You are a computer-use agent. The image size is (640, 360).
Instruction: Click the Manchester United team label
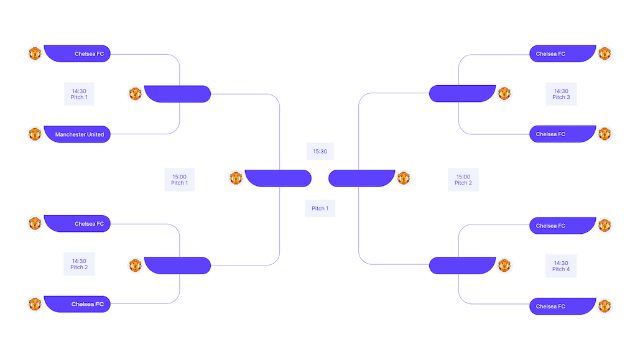click(77, 134)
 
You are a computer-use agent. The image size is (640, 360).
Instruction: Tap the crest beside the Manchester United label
click(35, 134)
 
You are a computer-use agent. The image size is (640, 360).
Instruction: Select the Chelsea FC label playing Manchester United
click(77, 53)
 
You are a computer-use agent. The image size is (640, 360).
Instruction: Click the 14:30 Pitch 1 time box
click(79, 94)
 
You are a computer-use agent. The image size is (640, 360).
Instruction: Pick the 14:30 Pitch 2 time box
click(79, 264)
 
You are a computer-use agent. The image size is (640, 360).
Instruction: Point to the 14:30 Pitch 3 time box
click(561, 94)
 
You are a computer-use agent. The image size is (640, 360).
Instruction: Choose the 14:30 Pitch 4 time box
click(561, 266)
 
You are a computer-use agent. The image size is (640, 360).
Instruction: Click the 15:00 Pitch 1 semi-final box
click(180, 180)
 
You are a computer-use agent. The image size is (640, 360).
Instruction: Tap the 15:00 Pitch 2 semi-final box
click(463, 180)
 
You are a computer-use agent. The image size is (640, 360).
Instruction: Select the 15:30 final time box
click(320, 152)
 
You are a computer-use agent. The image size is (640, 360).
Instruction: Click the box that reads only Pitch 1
click(320, 208)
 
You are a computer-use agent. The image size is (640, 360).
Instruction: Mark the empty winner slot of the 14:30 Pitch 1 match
click(177, 94)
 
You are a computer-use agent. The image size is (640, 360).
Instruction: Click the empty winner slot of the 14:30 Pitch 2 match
click(177, 265)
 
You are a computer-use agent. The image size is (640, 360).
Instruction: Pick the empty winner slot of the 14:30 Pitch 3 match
click(463, 93)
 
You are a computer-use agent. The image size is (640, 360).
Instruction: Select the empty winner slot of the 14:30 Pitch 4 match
click(463, 265)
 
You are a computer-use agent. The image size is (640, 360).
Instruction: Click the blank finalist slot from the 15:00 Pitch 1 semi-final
click(279, 178)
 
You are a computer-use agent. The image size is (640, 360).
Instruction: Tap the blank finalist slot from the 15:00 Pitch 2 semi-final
click(361, 178)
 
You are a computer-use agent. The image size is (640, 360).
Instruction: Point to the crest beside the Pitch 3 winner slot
click(504, 93)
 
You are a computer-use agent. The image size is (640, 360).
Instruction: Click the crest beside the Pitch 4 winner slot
click(504, 265)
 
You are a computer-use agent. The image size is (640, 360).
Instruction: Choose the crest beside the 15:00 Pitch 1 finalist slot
click(236, 178)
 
